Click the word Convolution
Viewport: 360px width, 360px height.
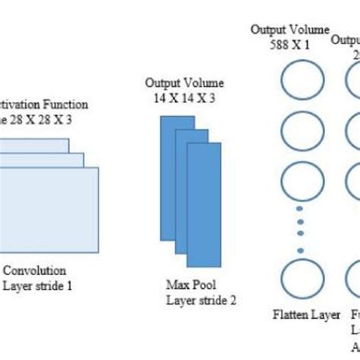pyautogui.click(x=35, y=270)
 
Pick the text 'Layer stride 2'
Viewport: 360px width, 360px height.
pyautogui.click(x=201, y=299)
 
